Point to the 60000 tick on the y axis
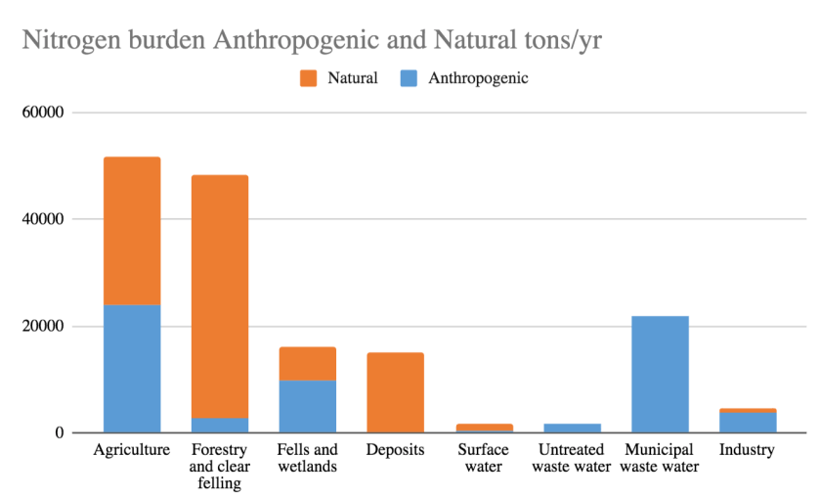pyautogui.click(x=42, y=113)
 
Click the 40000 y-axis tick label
pyautogui.click(x=42, y=219)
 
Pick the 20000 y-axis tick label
pyautogui.click(x=42, y=326)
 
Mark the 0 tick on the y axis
pyautogui.click(x=58, y=432)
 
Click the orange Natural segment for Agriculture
pyautogui.click(x=132, y=231)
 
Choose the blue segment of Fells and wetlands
pyautogui.click(x=308, y=406)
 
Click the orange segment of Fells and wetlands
pyautogui.click(x=308, y=364)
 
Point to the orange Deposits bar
pyautogui.click(x=396, y=392)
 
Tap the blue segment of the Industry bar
pyautogui.click(x=748, y=422)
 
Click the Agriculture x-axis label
pyautogui.click(x=132, y=450)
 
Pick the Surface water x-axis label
pyautogui.click(x=483, y=458)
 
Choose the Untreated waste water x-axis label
pyautogui.click(x=572, y=458)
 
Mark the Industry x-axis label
pyautogui.click(x=747, y=450)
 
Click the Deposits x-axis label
pyautogui.click(x=395, y=450)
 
